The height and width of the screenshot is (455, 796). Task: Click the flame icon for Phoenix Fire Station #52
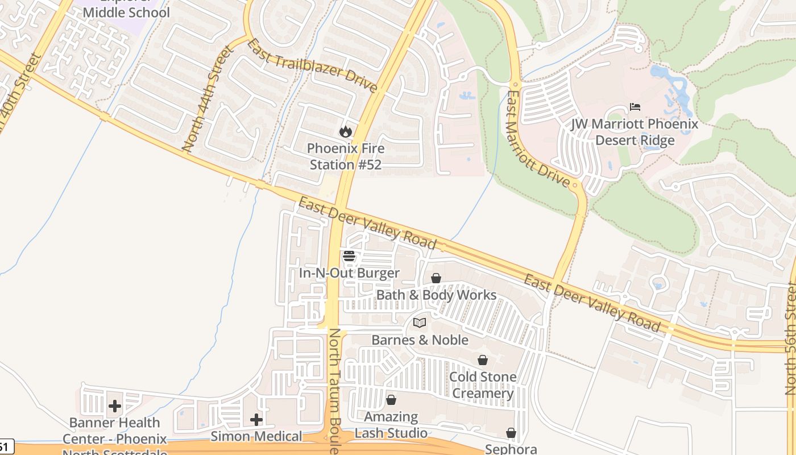tap(345, 132)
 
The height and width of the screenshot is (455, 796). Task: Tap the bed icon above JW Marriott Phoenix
tap(635, 107)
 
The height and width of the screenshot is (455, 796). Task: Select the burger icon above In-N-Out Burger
tap(349, 256)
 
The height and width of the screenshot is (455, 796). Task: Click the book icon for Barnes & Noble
tap(420, 323)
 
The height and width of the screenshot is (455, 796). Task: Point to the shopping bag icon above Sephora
tap(511, 433)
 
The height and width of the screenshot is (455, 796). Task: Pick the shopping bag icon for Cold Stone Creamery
tap(483, 360)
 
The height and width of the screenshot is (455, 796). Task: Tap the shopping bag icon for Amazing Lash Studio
tap(391, 400)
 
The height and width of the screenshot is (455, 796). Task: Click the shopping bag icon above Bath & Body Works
tap(436, 278)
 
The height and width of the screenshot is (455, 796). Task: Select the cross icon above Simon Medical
tap(256, 420)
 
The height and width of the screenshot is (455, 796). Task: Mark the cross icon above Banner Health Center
tap(115, 406)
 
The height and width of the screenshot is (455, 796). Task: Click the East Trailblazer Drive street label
tap(312, 65)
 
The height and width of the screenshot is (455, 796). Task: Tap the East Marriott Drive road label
tap(538, 139)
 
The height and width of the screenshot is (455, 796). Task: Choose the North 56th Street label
tap(790, 339)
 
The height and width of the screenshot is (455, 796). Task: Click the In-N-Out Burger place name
tap(349, 274)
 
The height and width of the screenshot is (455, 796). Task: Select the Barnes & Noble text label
tap(420, 340)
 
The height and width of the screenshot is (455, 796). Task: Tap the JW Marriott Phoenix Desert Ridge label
tap(635, 132)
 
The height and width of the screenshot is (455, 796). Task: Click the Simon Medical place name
tap(256, 437)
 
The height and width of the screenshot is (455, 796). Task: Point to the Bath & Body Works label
tap(436, 295)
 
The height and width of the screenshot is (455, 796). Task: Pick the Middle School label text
tap(126, 12)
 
